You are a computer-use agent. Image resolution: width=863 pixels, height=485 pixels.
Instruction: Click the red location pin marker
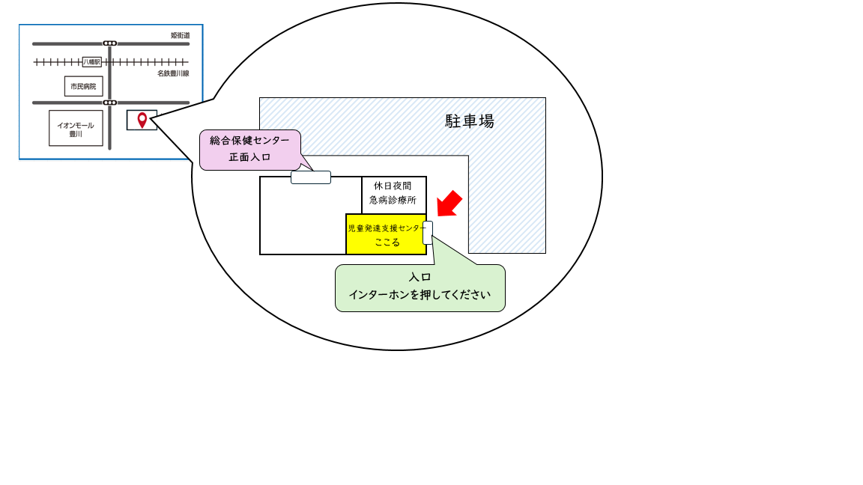click(x=142, y=120)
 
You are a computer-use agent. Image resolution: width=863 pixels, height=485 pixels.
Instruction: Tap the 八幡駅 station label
click(x=92, y=62)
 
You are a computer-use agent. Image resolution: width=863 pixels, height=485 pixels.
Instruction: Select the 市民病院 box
click(x=84, y=86)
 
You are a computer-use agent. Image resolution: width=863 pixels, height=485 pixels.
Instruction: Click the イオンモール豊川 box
click(x=76, y=128)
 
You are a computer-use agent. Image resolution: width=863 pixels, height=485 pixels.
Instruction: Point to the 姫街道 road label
click(x=180, y=35)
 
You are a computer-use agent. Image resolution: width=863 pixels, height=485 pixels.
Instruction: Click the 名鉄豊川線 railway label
click(x=173, y=73)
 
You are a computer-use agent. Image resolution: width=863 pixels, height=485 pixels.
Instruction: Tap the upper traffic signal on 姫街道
click(x=109, y=43)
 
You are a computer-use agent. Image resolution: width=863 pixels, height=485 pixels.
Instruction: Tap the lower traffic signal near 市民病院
click(x=109, y=103)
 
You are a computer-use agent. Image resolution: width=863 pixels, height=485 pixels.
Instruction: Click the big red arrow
click(x=449, y=204)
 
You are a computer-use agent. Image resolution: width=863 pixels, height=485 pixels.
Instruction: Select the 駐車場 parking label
click(x=470, y=121)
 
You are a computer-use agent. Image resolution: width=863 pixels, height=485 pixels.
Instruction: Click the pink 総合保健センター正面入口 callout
click(x=250, y=150)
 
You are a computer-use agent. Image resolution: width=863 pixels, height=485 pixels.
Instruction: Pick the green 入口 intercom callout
click(x=420, y=287)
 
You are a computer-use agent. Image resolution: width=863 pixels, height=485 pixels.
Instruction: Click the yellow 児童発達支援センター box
click(x=386, y=234)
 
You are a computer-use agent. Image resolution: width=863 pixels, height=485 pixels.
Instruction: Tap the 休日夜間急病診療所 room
click(x=394, y=195)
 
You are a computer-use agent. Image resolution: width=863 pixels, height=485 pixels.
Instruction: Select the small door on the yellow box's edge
click(x=428, y=233)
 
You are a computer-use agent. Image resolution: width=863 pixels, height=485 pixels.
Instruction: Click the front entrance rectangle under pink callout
click(x=311, y=177)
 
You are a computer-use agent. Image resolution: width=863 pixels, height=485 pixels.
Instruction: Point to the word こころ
click(x=387, y=242)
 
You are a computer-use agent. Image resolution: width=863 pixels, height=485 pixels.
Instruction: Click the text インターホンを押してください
click(x=420, y=295)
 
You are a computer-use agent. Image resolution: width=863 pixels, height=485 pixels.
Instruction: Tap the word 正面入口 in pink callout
click(x=250, y=157)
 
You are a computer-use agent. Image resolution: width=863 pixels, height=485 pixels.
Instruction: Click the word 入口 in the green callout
click(x=420, y=277)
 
